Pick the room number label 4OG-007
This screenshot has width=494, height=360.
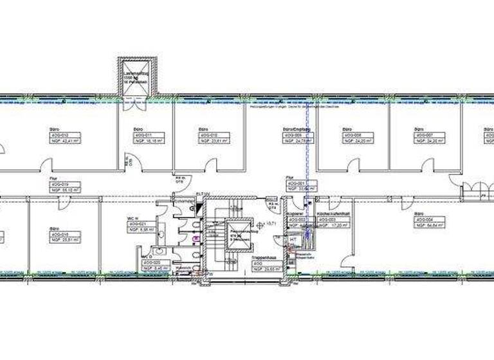click(x=425, y=134)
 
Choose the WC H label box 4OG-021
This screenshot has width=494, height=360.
click(x=139, y=224)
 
